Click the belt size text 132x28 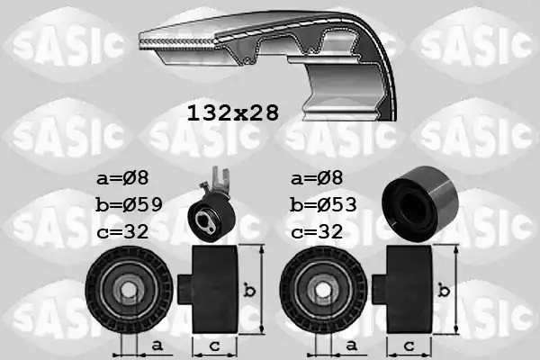(x=232, y=112)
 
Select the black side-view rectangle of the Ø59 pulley (x=213, y=290)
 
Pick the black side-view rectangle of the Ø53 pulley (x=407, y=290)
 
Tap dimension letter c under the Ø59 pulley (x=213, y=345)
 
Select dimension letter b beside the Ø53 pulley (x=443, y=291)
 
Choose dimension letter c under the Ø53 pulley (x=407, y=345)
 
